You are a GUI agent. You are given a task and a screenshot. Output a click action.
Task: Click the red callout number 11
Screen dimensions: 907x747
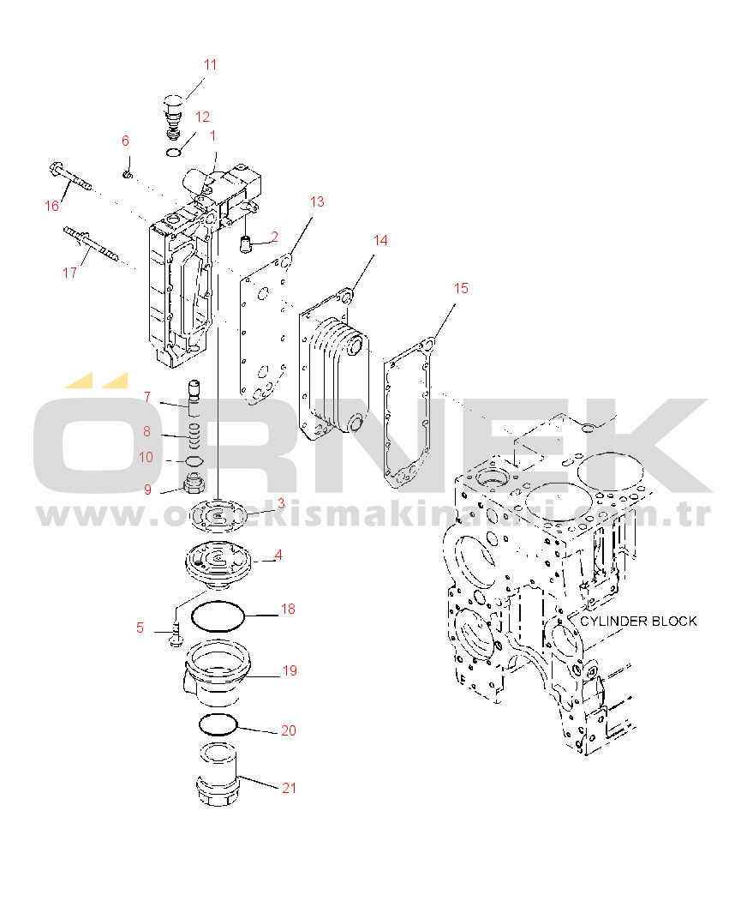click(210, 64)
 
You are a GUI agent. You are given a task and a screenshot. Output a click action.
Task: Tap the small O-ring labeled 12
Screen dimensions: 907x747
click(174, 153)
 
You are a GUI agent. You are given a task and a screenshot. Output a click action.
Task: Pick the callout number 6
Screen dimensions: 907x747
click(125, 141)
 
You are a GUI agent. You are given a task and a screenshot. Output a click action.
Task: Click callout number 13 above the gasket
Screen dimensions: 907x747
click(317, 202)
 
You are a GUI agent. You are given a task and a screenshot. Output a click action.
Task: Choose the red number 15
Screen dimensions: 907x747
click(461, 289)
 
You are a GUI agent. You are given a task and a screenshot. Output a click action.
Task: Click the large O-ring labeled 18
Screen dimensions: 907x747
click(218, 616)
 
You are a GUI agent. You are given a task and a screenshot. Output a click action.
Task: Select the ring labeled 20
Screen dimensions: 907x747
click(218, 724)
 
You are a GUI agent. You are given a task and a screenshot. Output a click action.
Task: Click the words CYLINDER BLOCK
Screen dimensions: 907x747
click(637, 621)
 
